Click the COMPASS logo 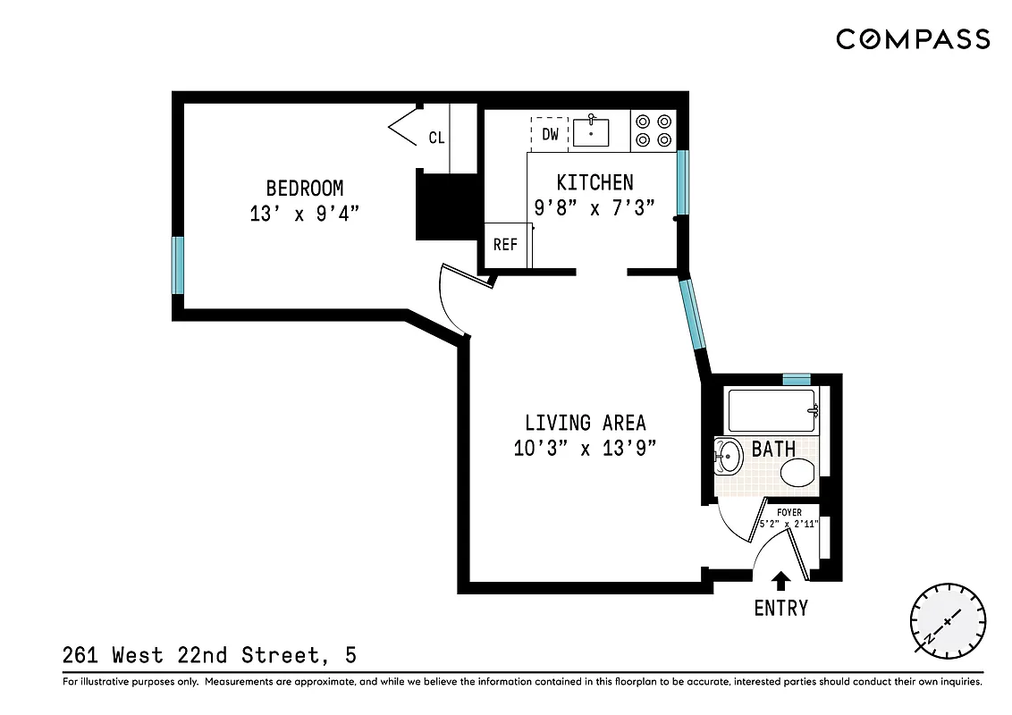click(913, 39)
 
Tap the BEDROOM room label click(305, 189)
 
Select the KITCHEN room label click(595, 183)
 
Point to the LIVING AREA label click(585, 423)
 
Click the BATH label click(773, 449)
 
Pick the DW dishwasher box click(551, 134)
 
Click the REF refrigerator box click(505, 244)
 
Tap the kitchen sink click(591, 132)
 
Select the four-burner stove click(653, 130)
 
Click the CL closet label click(436, 138)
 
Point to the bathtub click(772, 411)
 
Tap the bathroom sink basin click(729, 458)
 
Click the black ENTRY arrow click(780, 582)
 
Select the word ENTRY click(780, 609)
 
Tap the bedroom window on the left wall click(178, 265)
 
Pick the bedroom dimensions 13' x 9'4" click(305, 214)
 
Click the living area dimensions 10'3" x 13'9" click(585, 449)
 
